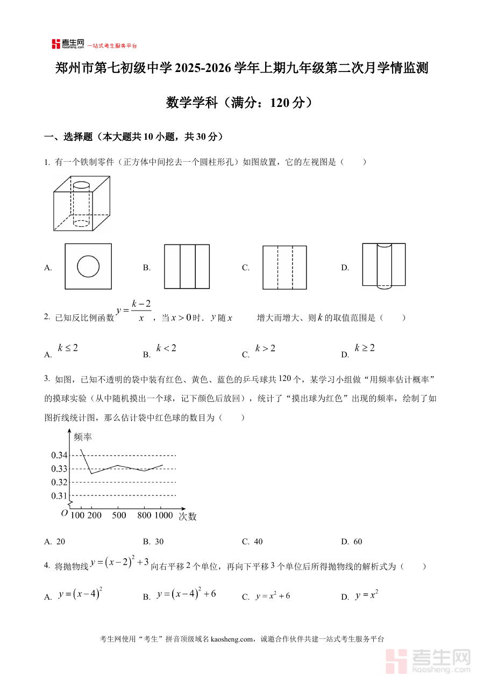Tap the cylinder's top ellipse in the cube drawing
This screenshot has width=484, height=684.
[81, 185]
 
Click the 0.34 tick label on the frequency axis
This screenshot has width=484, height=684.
[59, 456]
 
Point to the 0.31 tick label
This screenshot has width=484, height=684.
[59, 495]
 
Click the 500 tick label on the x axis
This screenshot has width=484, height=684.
[119, 516]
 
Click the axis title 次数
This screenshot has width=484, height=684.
[188, 516]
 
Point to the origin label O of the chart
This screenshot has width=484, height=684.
[64, 513]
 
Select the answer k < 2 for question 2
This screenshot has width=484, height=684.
[166, 348]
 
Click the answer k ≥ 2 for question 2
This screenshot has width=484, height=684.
[365, 348]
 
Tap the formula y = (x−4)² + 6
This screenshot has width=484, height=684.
[186, 594]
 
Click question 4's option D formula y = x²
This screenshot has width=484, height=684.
[367, 595]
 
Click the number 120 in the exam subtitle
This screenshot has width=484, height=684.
[280, 103]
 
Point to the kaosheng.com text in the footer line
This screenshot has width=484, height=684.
[232, 639]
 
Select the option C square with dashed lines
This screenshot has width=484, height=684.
[284, 268]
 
